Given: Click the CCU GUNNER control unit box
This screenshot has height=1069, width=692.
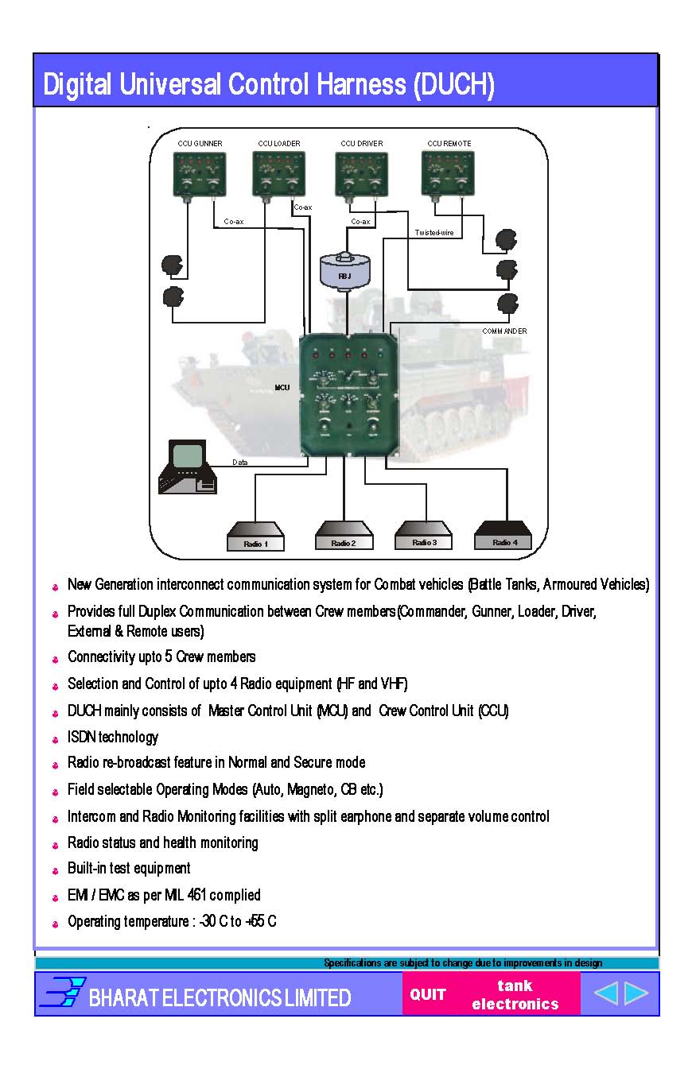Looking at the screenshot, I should click(200, 174).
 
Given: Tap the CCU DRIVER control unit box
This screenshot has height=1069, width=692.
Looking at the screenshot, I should click(361, 174).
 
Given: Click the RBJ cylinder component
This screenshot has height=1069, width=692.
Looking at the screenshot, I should click(344, 271).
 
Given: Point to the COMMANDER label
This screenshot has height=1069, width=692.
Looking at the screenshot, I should click(504, 331).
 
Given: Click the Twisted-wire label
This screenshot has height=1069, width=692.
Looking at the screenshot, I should click(434, 233).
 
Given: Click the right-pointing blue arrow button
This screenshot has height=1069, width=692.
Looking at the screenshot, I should click(636, 993).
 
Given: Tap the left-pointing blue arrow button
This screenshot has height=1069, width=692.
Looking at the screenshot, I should click(605, 993).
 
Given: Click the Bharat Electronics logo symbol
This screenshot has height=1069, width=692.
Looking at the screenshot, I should click(62, 993).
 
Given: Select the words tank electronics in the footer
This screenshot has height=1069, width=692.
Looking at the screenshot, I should click(515, 995).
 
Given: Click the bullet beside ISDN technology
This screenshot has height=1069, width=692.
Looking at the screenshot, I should click(56, 739).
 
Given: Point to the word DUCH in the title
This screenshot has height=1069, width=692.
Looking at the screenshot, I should click(453, 84).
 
